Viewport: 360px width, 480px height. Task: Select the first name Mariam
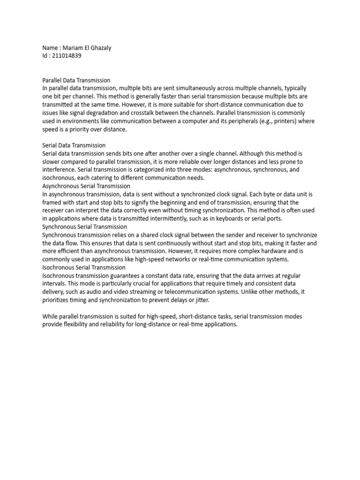(x=78, y=47)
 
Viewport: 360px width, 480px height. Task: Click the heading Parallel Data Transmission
(x=76, y=80)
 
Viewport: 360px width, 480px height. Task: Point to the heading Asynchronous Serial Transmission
(x=86, y=186)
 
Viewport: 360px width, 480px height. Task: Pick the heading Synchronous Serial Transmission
(x=84, y=226)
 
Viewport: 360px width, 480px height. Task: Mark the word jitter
(x=200, y=300)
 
